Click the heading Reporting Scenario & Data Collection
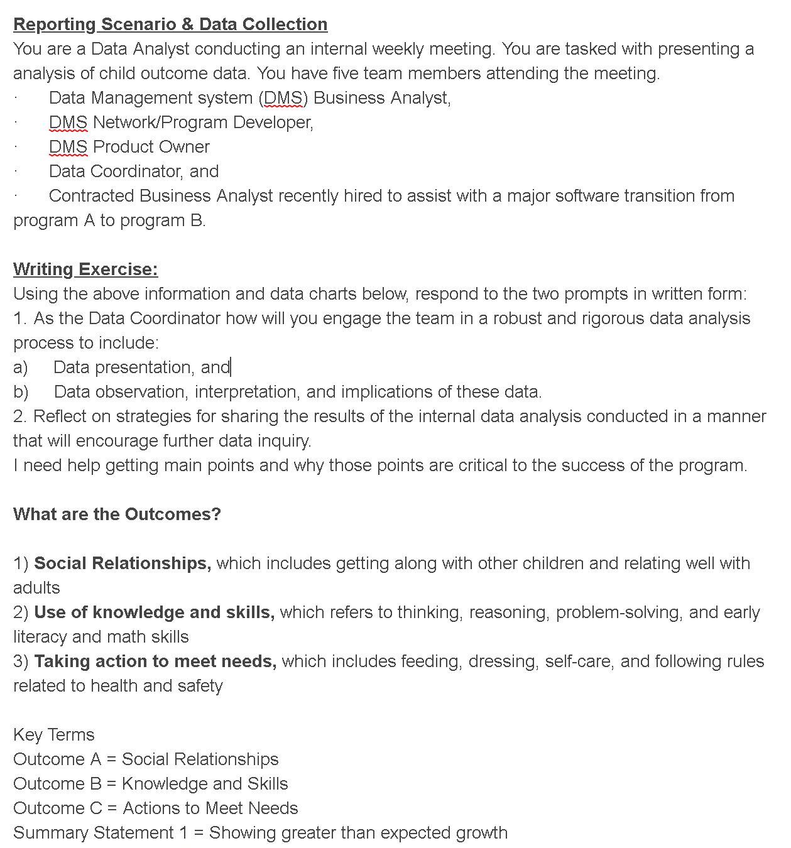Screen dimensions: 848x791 [x=170, y=24]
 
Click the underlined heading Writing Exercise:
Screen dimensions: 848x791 [x=85, y=269]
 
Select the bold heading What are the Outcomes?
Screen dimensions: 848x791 [x=117, y=514]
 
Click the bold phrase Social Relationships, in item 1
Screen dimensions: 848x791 [x=123, y=563]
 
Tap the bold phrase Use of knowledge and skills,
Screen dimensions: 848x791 [x=154, y=612]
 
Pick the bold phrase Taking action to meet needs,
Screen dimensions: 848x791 [x=155, y=661]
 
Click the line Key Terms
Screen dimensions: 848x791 [x=54, y=735]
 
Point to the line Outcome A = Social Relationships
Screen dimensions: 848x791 [x=146, y=759]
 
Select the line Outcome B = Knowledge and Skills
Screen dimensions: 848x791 [x=151, y=784]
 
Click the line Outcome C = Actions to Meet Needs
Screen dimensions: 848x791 [x=156, y=808]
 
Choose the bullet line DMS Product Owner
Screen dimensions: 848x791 [x=129, y=147]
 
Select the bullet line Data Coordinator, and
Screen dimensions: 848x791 [x=134, y=171]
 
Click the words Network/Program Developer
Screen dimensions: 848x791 [x=202, y=122]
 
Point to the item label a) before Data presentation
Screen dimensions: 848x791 [x=21, y=367]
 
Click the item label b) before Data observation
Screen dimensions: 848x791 [x=21, y=392]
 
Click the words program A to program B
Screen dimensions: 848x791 [x=109, y=220]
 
